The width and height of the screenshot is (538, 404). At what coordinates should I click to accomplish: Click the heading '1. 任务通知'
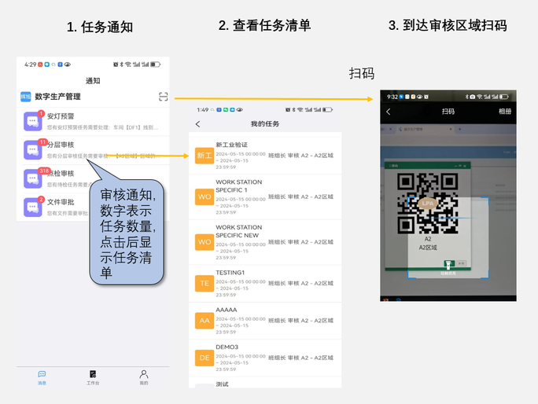click(100, 27)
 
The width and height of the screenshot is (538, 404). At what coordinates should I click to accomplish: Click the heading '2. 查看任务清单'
click(264, 25)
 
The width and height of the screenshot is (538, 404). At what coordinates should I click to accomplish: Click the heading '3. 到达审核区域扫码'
click(447, 25)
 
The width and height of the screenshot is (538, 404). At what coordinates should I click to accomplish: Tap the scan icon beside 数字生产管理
click(163, 97)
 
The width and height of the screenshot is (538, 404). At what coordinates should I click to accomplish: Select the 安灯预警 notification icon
click(33, 121)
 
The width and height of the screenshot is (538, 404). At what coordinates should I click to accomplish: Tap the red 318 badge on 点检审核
click(44, 171)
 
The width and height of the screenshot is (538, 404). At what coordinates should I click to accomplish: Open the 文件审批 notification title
click(61, 201)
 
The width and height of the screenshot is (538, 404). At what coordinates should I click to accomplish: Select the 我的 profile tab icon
click(144, 376)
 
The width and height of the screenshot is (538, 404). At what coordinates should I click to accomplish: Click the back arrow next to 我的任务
click(197, 124)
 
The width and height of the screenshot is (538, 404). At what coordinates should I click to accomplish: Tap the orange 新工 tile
click(204, 156)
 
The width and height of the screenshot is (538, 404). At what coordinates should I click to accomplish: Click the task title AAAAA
click(226, 310)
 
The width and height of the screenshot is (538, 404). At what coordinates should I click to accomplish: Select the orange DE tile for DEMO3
click(204, 358)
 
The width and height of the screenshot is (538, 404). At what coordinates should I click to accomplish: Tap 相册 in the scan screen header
click(504, 112)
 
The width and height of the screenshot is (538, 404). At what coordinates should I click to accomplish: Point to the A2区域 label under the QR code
click(429, 247)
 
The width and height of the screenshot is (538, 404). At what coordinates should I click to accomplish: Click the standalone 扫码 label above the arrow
click(361, 74)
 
